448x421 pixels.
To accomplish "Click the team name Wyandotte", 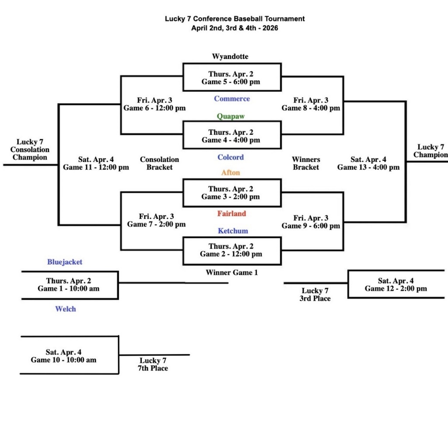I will point(230,56).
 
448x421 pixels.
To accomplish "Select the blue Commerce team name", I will point(232,99).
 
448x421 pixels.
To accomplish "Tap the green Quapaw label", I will point(231,116).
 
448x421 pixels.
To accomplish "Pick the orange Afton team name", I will point(231,172).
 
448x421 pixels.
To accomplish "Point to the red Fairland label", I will point(231,214).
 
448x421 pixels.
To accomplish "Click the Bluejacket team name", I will point(65,262).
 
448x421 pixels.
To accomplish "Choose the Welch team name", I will point(65,309).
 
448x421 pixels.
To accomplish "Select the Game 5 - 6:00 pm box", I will point(231,78).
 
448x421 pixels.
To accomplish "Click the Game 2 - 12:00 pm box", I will point(231,250).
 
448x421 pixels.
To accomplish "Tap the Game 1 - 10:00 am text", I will point(68,285).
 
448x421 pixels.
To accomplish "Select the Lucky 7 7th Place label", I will point(153,365).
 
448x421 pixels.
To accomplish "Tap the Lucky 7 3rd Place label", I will point(315,295).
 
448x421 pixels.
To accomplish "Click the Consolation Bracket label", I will point(159,163).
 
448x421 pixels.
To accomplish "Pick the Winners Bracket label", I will point(306,163).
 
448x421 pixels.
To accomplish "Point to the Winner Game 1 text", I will point(232,273).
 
